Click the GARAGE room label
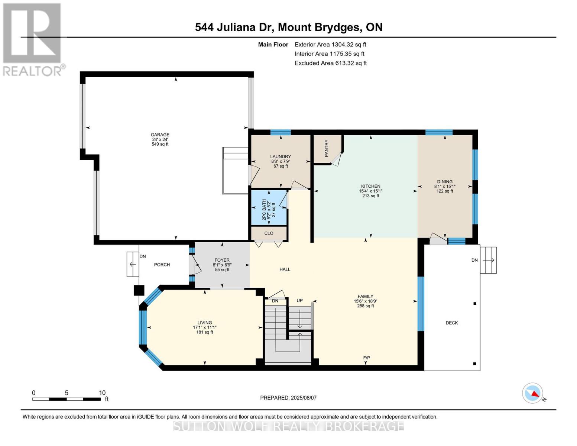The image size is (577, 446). (x=160, y=135)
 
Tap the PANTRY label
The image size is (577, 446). (x=326, y=148)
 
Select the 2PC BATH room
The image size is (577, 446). (x=269, y=208)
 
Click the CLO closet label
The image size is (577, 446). (x=269, y=233)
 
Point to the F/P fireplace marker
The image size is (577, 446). (x=367, y=358)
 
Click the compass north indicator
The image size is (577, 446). (x=532, y=393)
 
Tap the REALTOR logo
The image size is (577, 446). (x=33, y=40)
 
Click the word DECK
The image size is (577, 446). (x=452, y=323)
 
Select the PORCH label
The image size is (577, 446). (x=162, y=265)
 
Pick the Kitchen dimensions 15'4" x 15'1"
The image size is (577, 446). (x=371, y=191)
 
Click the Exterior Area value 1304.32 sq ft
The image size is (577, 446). (x=349, y=45)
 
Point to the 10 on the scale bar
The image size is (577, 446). (x=102, y=392)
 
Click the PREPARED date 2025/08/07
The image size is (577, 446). (x=304, y=398)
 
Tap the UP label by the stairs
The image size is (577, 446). (x=299, y=300)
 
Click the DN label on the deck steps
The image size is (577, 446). (x=474, y=260)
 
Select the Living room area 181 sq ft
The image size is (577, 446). (x=205, y=332)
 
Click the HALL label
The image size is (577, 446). (x=285, y=269)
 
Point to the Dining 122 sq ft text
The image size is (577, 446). (x=445, y=191)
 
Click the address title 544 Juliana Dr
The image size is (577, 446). (x=234, y=28)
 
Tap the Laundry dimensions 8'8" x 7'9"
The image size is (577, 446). (x=281, y=161)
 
